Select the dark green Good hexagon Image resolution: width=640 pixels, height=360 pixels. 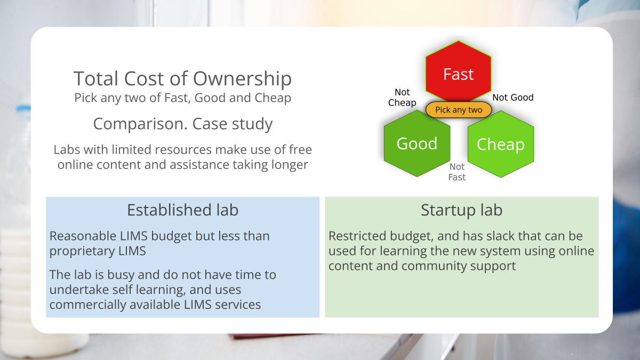tap(417, 143)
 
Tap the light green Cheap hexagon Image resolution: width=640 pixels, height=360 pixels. tap(500, 144)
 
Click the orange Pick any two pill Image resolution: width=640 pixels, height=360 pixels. tap(459, 110)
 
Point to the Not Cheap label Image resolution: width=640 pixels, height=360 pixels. tap(402, 98)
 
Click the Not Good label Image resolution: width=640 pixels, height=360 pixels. tap(513, 97)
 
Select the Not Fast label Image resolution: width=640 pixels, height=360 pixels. tap(457, 172)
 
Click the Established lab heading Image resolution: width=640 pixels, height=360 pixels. tap(182, 210)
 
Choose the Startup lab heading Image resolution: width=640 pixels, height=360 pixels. tap(461, 210)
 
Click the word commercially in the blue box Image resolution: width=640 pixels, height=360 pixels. tap(88, 305)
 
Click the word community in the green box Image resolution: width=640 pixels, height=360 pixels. tap(431, 265)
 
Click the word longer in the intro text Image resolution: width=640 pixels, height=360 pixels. tap(287, 165)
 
